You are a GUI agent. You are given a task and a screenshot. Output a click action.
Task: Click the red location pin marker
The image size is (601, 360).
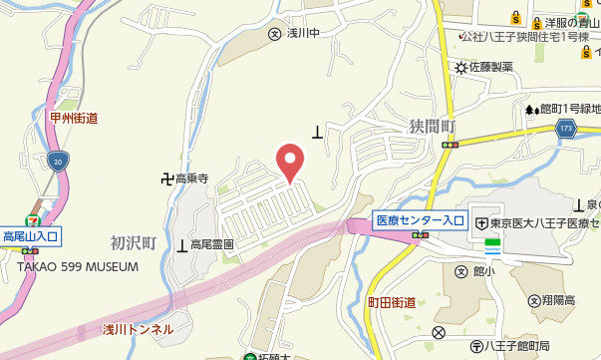pyautogui.click(x=289, y=160)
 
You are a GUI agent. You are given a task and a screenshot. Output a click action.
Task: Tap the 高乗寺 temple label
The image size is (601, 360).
pyautogui.click(x=191, y=180)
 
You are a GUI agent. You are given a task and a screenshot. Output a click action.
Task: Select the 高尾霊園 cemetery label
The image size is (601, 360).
pyautogui.click(x=211, y=244)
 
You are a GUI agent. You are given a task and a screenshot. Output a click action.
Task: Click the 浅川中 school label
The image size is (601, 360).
pyautogui.click(x=301, y=33)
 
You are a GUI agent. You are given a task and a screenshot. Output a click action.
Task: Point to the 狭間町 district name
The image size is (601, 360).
pyautogui.click(x=431, y=127)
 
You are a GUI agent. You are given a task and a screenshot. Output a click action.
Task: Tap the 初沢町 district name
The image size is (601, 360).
pyautogui.click(x=134, y=242)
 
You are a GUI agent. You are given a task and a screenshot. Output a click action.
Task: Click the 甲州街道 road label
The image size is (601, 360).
pyautogui.click(x=73, y=118)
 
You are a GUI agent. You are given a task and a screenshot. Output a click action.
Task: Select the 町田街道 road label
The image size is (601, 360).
pyautogui.click(x=391, y=301)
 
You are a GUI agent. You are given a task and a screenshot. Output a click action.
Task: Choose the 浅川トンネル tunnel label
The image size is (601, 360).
pyautogui.click(x=138, y=329)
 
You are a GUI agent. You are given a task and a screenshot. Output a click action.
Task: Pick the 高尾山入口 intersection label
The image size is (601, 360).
pyautogui.click(x=32, y=236)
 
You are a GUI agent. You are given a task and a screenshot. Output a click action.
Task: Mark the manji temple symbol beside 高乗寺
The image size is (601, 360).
pyautogui.click(x=166, y=180)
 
